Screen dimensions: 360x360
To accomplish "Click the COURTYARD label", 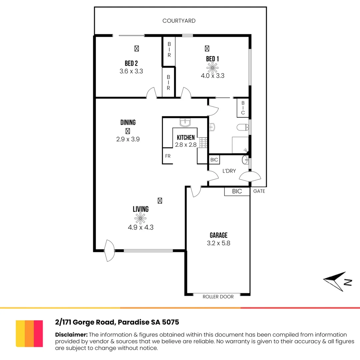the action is pos(179,21).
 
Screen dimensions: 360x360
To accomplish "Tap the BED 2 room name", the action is pos(131,63).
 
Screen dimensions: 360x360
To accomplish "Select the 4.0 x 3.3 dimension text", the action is pos(212,76).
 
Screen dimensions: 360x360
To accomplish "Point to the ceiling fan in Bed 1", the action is pos(211,68).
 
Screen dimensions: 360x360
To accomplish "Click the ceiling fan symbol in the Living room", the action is pos(140,218).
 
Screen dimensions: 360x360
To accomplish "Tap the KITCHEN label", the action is pos(186,138).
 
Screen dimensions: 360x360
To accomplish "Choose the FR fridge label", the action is pos(168,156).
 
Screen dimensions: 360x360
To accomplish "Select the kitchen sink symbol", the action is pos(185,122).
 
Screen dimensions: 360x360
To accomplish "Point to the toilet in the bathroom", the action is pos(242,127).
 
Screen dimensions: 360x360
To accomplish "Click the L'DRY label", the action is pos(229,171).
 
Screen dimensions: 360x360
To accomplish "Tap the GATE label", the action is pos(259,191).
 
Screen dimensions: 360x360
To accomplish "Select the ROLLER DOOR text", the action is pos(218,297).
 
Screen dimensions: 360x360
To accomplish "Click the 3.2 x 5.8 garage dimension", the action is pos(218,243).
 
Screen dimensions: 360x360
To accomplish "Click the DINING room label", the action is pos(128,123).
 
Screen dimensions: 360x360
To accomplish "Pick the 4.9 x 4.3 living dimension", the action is pos(140,227).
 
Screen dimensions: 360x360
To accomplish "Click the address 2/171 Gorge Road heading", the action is pos(117,322).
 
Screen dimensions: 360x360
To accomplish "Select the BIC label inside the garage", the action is pos(237,191).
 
